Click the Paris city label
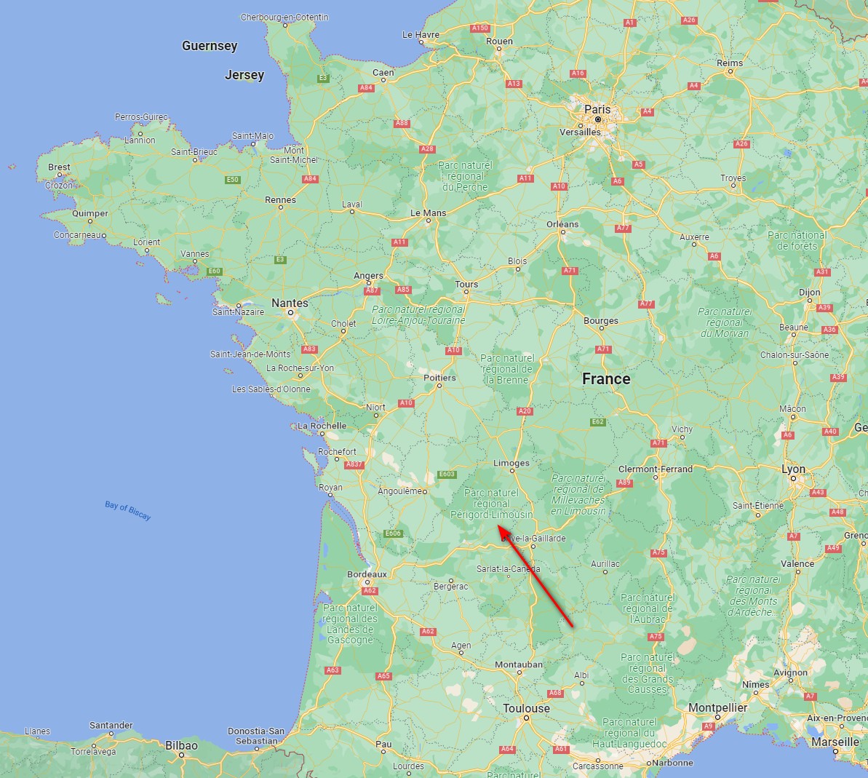pos(597,109)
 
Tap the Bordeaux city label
pos(367,574)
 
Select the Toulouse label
pos(526,708)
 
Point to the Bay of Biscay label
pos(127,510)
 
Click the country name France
pos(606,379)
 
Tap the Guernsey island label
pos(210,46)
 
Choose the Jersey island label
pos(244,75)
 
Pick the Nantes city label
pos(290,303)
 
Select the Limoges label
pos(511,463)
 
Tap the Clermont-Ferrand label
pos(656,469)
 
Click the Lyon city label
pos(793,469)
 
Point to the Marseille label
pos(835,742)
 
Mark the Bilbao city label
pos(181,745)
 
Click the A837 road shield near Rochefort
pos(354,464)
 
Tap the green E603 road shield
pos(447,475)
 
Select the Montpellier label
pos(717,707)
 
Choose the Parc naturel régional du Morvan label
pos(724,322)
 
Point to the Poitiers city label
pos(439,378)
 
